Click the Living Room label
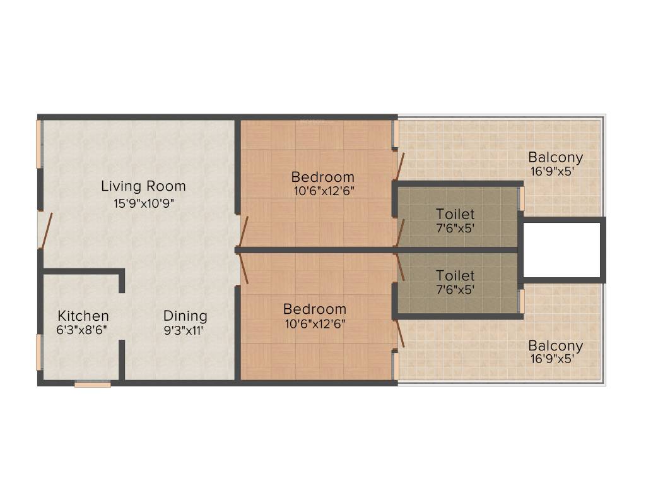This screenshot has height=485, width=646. click(144, 186)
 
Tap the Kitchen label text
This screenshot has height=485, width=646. click(83, 316)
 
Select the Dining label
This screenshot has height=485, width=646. click(185, 316)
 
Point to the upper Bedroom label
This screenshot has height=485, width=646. click(322, 177)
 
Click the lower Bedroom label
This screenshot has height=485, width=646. click(314, 309)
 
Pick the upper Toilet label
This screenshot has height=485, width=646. click(455, 215)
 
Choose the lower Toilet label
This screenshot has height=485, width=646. click(455, 276)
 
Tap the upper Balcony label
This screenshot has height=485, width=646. click(555, 157)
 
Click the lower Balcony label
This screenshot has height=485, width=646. click(555, 346)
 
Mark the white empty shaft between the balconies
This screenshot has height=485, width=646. click(561, 250)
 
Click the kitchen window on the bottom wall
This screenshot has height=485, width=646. click(92, 383)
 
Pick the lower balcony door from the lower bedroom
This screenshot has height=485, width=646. click(399, 333)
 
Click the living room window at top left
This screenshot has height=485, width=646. click(39, 144)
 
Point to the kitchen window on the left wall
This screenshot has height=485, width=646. click(39, 352)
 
